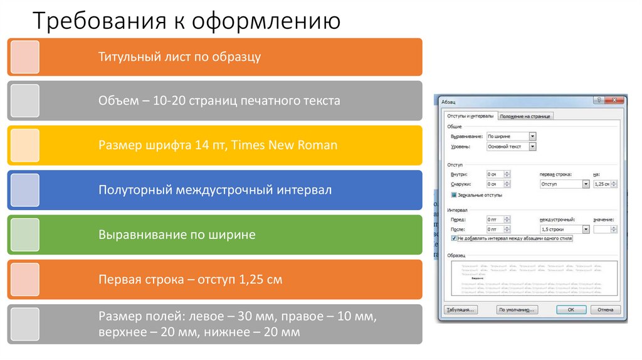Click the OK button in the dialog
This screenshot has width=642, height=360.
571,310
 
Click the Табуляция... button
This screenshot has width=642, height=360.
461,310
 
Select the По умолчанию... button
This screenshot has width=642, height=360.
517,310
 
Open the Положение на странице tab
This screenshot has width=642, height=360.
526,116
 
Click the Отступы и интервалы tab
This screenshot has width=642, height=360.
470,116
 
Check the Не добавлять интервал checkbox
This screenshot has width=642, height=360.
454,239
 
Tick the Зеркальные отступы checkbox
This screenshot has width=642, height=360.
454,195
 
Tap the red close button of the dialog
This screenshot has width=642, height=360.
617,100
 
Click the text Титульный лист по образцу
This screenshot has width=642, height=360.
179,57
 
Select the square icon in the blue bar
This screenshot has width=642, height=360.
25,190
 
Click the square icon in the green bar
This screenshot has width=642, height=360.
25,235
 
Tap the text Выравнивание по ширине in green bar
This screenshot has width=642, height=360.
177,235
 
